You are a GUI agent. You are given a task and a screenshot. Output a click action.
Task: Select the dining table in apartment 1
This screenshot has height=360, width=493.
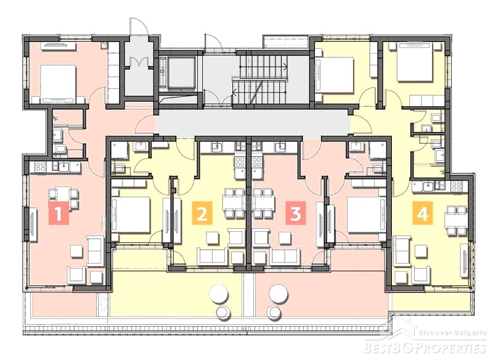(63, 194)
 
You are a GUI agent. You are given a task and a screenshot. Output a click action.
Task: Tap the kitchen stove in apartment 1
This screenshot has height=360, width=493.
(41, 167)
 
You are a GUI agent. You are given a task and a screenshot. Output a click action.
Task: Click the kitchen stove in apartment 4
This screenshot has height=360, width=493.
(457, 186)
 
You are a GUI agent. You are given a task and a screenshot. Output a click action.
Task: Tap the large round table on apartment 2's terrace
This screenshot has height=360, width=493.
(219, 293)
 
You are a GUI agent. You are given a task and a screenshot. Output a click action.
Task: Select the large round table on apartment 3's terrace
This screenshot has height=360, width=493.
(279, 293)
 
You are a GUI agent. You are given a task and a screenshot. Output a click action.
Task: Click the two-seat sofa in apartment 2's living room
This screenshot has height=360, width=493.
(213, 256)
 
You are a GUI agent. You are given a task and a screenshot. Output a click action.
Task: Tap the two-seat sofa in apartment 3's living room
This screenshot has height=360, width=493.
(286, 256)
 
